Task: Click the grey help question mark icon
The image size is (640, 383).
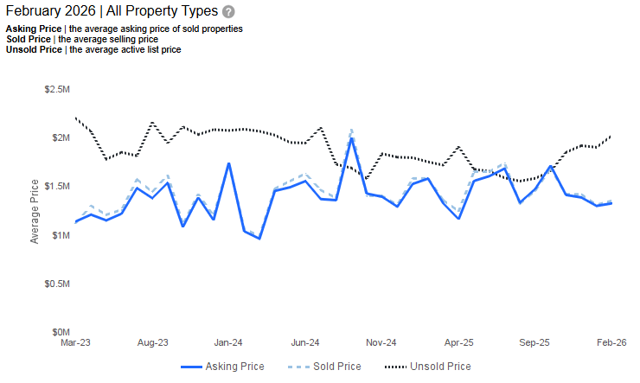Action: coord(228,12)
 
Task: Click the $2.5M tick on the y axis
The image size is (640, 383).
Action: coord(56,90)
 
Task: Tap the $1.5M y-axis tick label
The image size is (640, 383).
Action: coord(56,187)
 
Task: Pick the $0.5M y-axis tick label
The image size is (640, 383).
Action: coord(56,284)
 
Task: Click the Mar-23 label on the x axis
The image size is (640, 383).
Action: coord(76,342)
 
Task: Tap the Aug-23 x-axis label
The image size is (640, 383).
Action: coord(152,342)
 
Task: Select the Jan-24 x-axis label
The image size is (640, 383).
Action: coord(228,342)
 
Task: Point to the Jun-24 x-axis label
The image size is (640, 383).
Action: coord(305,342)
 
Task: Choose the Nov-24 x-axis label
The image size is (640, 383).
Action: coord(381,342)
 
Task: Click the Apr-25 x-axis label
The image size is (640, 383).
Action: coord(458,342)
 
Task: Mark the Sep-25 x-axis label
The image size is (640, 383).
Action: coord(534,342)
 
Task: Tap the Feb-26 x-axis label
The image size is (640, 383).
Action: coord(611,342)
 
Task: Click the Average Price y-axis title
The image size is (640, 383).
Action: coord(35,211)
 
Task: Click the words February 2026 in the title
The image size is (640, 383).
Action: coord(47,12)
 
